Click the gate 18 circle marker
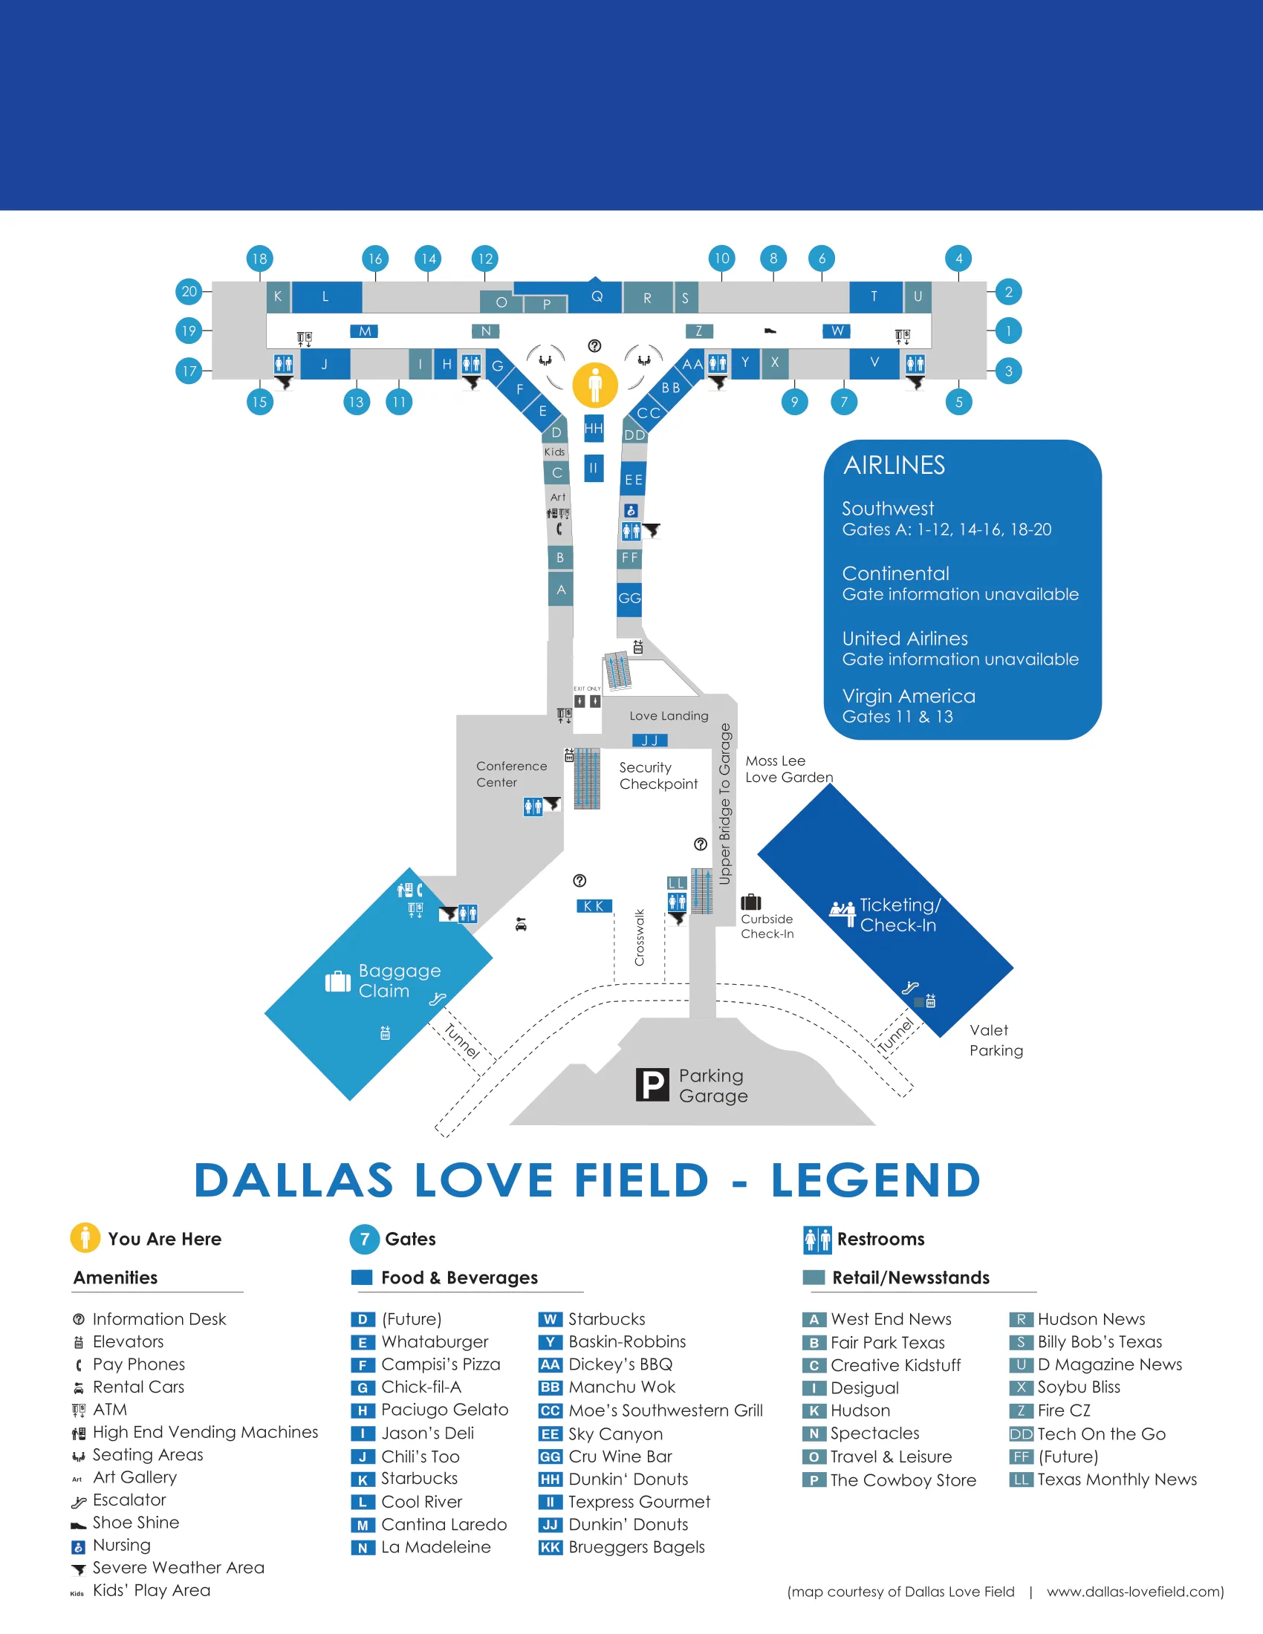point(259,259)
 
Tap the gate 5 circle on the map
point(958,402)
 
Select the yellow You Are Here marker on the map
point(595,385)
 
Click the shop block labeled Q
point(597,296)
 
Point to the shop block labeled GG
point(629,598)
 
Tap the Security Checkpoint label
point(658,775)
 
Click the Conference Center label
point(512,774)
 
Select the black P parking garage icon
point(652,1084)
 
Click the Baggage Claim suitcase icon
point(337,981)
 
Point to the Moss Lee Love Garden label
point(788,769)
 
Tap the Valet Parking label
point(996,1040)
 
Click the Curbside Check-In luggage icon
point(750,902)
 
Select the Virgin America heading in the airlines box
point(909,696)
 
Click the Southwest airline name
point(887,509)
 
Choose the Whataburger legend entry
point(434,1341)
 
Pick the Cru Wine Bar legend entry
point(620,1456)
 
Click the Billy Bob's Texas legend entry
point(1099,1341)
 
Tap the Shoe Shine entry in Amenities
point(135,1523)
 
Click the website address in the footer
point(1134,1592)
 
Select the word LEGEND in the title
point(875,1181)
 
